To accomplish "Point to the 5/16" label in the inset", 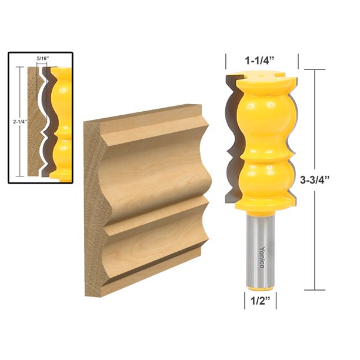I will (42, 59).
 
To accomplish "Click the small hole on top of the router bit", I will (259, 75).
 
